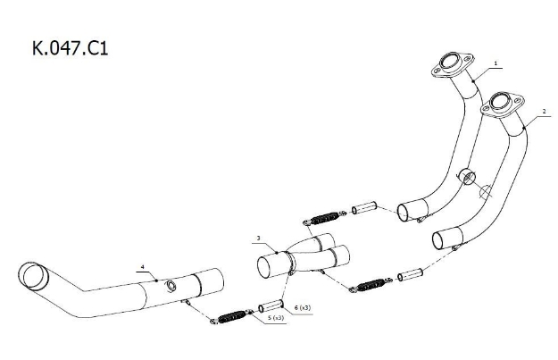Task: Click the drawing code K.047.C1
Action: [71, 48]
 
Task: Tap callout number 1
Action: [496, 63]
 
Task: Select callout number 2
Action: [544, 112]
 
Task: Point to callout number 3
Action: [259, 238]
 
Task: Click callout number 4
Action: [143, 267]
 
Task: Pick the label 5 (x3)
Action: [276, 318]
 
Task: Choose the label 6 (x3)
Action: [303, 307]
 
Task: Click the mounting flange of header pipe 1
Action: [453, 65]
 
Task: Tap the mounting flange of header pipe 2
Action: [503, 105]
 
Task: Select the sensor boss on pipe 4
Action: [171, 286]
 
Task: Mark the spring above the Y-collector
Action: [325, 218]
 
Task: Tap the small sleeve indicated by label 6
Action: [271, 306]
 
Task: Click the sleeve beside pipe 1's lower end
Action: [364, 208]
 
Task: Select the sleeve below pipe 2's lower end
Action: [410, 274]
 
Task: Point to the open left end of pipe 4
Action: [33, 276]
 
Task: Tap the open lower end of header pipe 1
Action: [403, 213]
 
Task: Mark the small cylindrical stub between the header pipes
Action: [467, 177]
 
